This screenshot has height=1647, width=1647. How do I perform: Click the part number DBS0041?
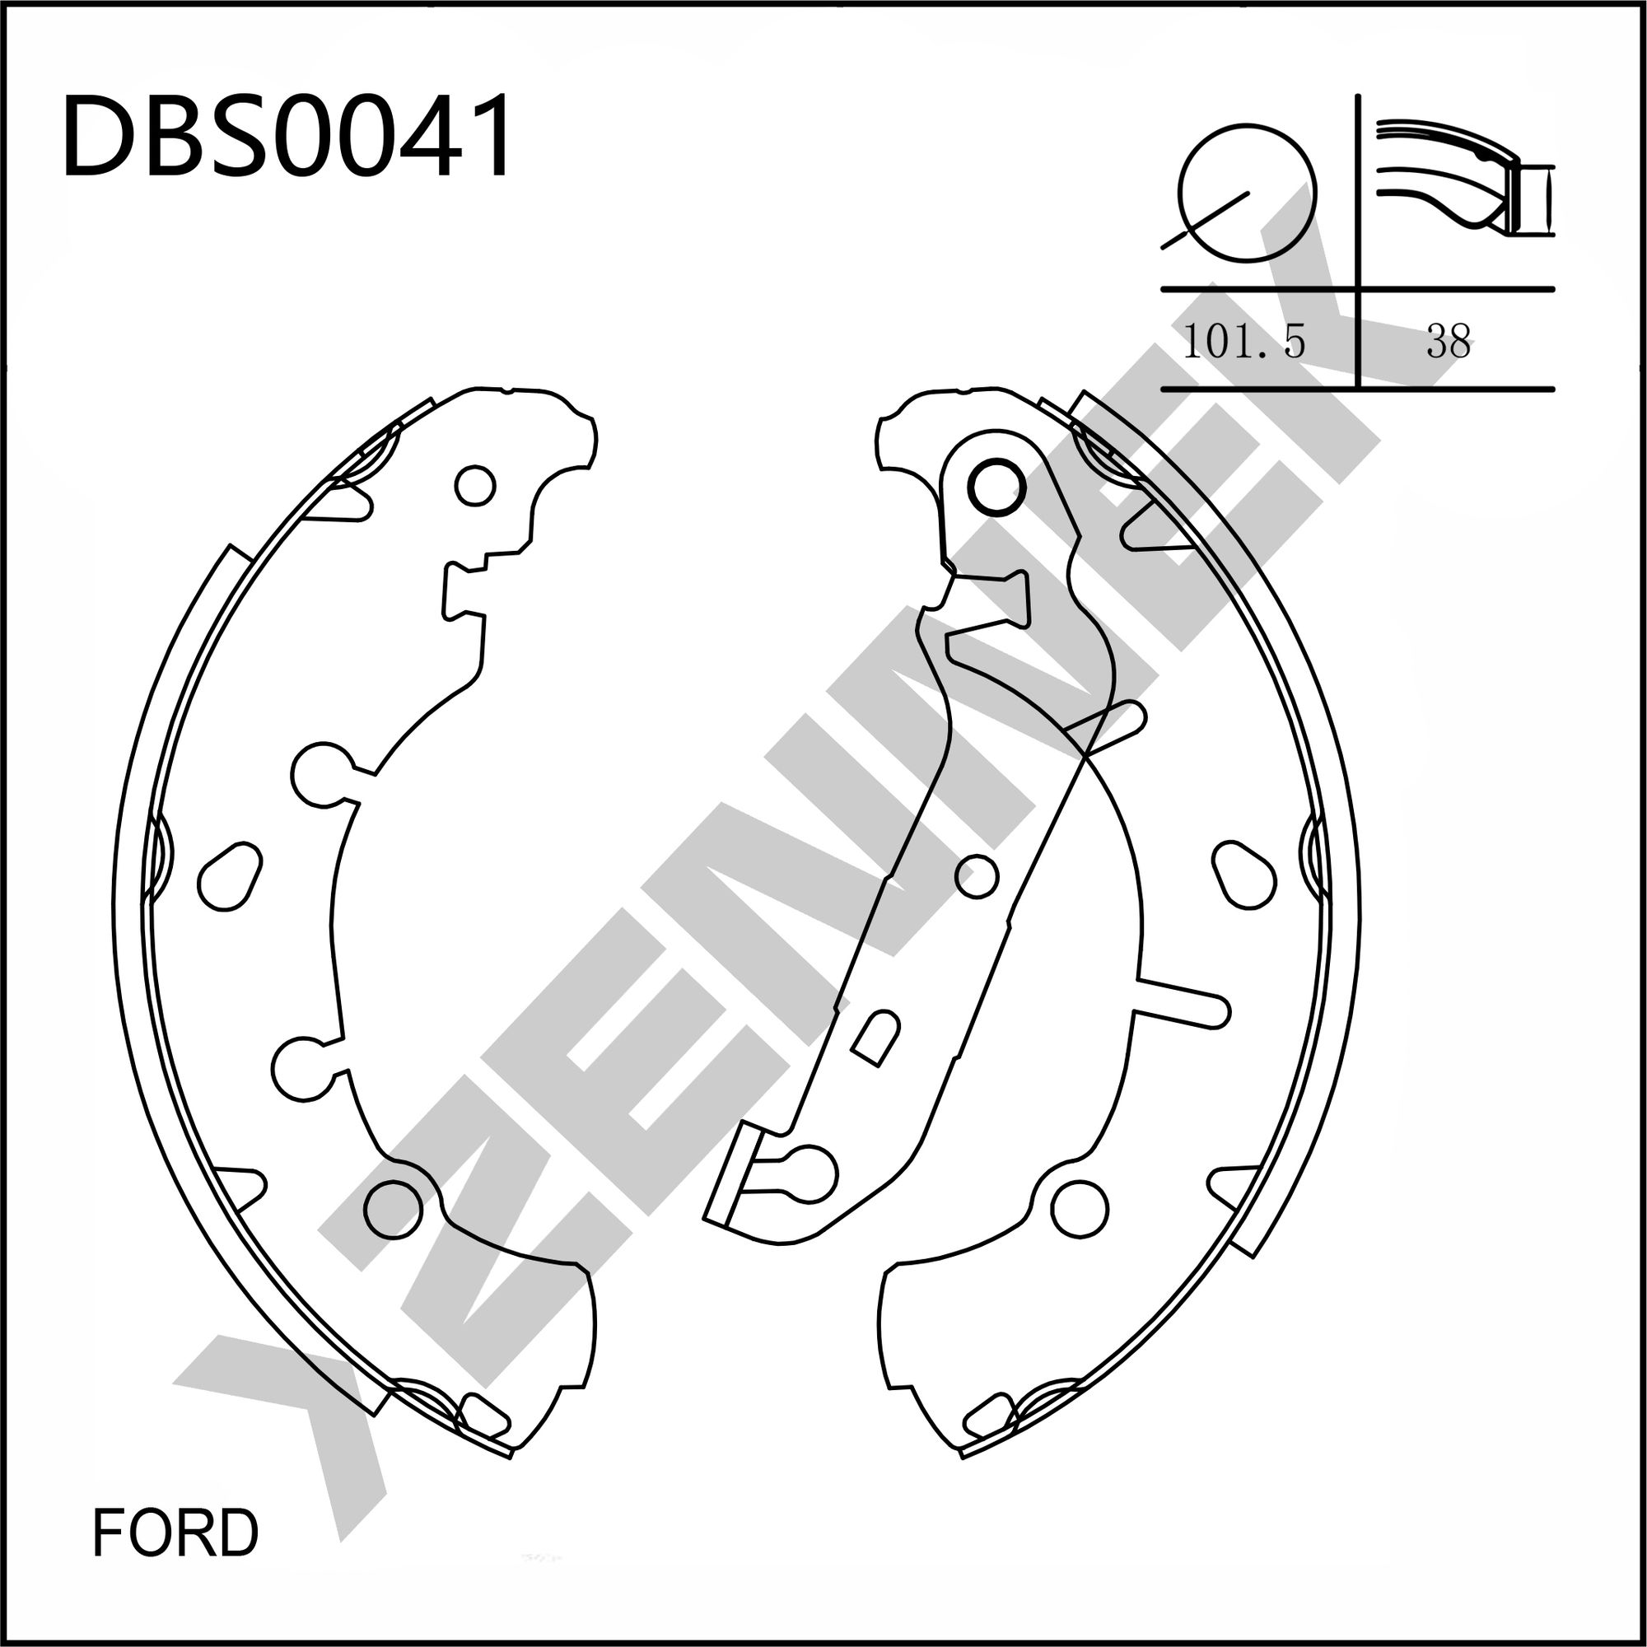[288, 137]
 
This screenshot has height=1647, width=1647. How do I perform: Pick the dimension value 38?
[1449, 341]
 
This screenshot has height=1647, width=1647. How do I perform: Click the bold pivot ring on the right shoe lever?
[996, 487]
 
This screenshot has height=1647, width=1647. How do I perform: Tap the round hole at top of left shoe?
[475, 486]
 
